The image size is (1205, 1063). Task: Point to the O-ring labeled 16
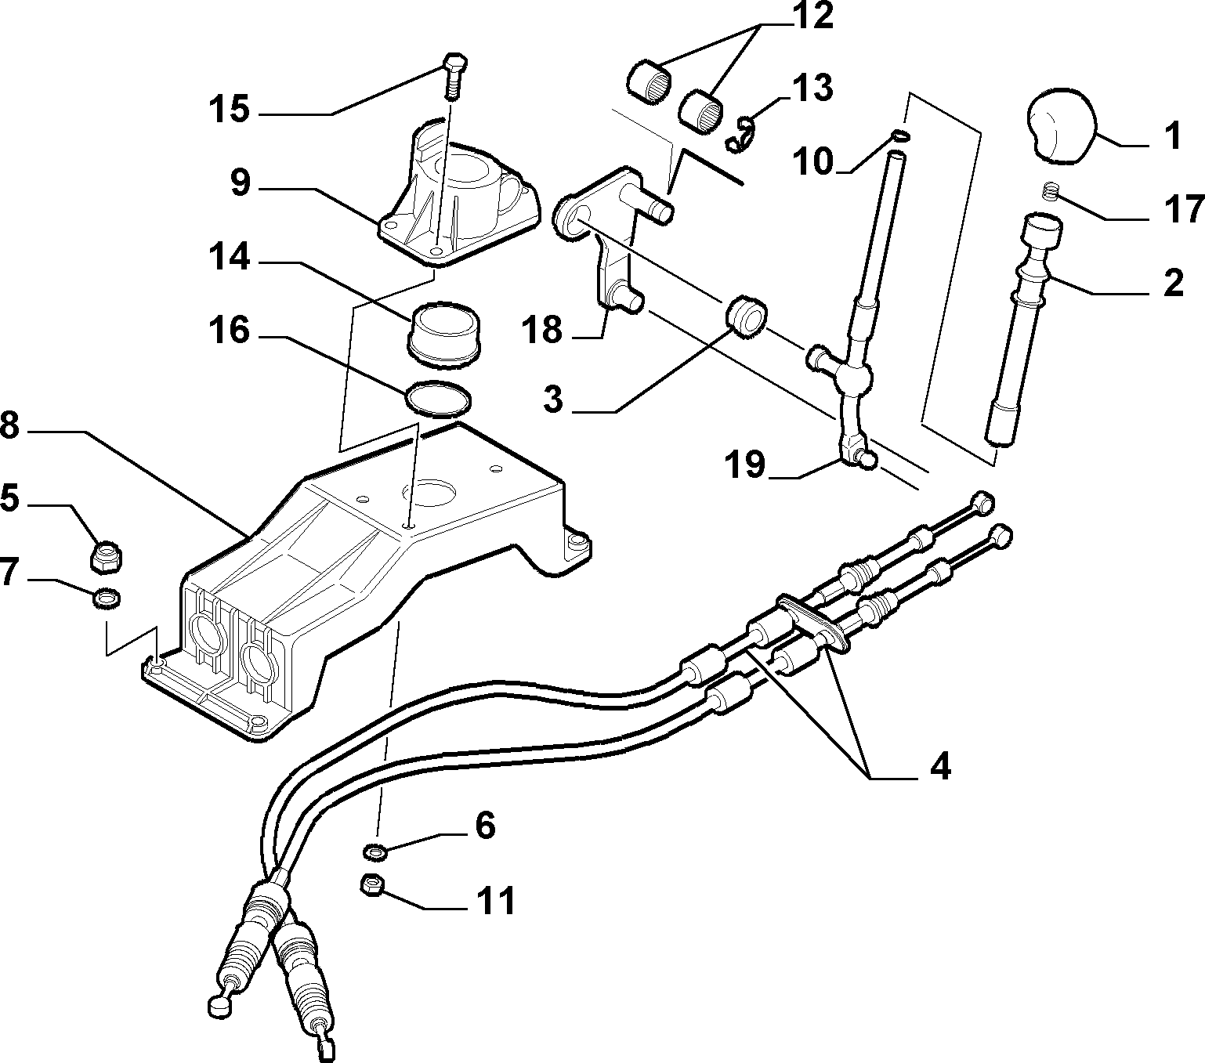pos(437,397)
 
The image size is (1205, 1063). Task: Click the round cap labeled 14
pos(444,334)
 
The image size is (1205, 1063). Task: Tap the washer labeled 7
pos(107,597)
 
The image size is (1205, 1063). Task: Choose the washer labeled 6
pos(374,851)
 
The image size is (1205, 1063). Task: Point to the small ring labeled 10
pos(900,136)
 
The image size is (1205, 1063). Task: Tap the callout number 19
pos(747,465)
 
